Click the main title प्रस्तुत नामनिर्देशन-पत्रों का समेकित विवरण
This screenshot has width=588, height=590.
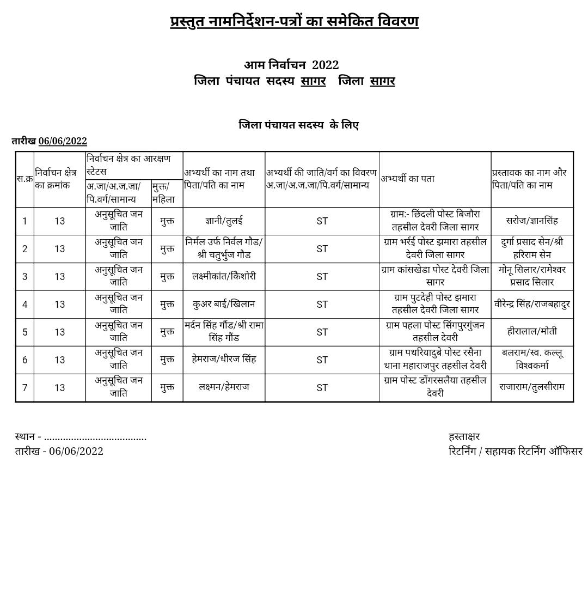click(x=294, y=22)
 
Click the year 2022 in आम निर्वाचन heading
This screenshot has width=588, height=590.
click(x=325, y=65)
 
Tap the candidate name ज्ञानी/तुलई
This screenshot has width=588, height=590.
click(x=224, y=221)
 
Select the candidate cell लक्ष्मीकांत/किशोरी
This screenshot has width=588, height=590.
click(x=224, y=276)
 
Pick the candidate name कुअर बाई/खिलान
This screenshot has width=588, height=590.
click(x=224, y=304)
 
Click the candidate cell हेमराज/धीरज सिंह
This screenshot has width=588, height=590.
click(x=224, y=360)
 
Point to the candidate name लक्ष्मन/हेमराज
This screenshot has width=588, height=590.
click(x=224, y=387)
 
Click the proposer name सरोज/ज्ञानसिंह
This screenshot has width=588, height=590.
click(x=531, y=221)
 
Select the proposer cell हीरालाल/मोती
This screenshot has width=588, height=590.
click(x=531, y=331)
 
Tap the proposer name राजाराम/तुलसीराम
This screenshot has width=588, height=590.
click(x=531, y=387)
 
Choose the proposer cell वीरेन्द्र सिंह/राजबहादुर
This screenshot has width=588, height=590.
click(x=531, y=304)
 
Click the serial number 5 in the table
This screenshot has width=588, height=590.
click(x=24, y=332)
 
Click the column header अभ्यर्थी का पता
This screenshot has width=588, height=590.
click(x=407, y=179)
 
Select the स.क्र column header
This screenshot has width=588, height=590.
click(x=24, y=179)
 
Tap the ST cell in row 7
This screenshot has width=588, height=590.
click(x=322, y=388)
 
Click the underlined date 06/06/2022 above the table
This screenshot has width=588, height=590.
click(x=63, y=141)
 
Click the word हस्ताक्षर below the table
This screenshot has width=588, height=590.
click(x=464, y=437)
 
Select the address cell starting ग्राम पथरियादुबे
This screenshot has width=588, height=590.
click(x=434, y=360)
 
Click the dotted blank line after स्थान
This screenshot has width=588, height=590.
click(x=95, y=437)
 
